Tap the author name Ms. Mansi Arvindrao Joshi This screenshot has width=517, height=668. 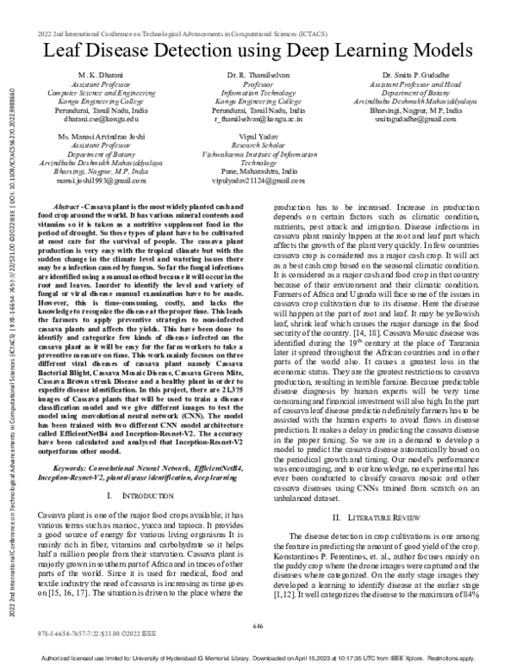click(x=95, y=138)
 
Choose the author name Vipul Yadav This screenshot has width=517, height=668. click(x=258, y=138)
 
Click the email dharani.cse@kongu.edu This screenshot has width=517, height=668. click(x=94, y=119)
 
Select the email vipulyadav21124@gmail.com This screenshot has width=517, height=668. click(x=258, y=182)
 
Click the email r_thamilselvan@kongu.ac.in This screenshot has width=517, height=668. click(x=259, y=119)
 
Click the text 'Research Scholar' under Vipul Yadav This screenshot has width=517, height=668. click(x=258, y=146)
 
